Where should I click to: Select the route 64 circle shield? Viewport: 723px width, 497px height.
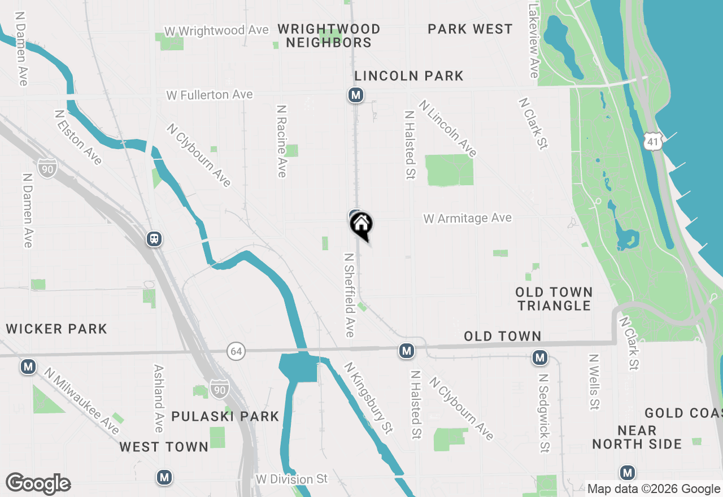(x=236, y=351)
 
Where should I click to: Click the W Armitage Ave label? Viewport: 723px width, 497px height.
(x=467, y=218)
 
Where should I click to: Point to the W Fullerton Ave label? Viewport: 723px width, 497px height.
(x=210, y=95)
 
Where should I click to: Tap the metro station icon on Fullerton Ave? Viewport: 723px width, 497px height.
(x=356, y=95)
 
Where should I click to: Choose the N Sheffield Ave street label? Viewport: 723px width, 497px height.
(x=350, y=295)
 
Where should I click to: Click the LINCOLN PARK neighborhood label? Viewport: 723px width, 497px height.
(x=409, y=76)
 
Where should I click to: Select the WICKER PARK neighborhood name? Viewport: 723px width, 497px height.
(x=56, y=329)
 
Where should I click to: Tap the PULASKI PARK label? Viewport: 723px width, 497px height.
(x=225, y=417)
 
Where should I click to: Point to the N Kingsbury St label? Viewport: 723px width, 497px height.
(x=368, y=398)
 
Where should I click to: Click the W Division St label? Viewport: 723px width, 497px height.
(x=291, y=479)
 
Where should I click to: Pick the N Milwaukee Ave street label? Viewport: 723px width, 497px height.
(x=82, y=402)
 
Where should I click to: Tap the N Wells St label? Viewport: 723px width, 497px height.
(x=594, y=382)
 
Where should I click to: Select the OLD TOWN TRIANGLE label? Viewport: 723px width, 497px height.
(x=554, y=299)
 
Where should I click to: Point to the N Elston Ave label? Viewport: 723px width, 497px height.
(x=78, y=137)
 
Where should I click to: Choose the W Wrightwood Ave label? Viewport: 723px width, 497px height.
(x=216, y=30)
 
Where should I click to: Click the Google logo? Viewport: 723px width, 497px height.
(x=38, y=484)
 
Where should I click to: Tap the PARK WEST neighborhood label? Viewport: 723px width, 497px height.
(x=470, y=29)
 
